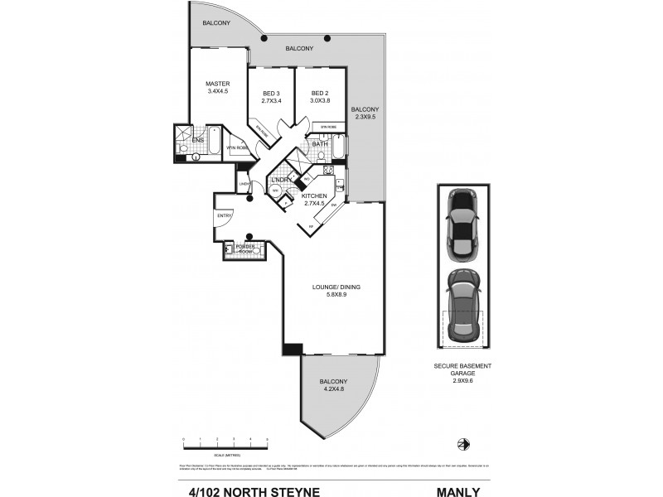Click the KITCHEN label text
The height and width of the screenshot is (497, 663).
tap(315, 196)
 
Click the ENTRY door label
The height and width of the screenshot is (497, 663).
tap(224, 216)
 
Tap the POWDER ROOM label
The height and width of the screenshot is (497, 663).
tap(245, 248)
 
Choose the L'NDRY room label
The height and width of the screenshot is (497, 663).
tap(282, 180)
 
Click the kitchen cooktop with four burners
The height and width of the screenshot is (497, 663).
tap(328, 171)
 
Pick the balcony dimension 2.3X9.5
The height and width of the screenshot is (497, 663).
tap(365, 117)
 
